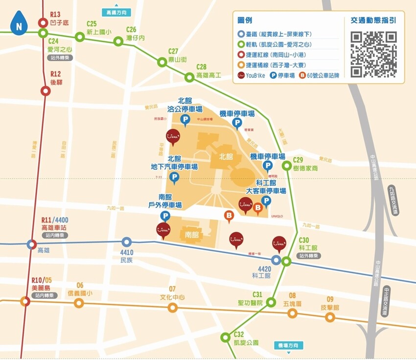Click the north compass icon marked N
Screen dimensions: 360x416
[19, 22]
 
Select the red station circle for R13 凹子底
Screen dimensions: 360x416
[43, 23]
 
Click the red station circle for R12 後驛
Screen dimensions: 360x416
[46, 91]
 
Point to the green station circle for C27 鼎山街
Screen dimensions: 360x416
[162, 62]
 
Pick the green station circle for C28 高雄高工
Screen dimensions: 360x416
[189, 77]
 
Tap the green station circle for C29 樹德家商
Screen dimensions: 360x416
[286, 166]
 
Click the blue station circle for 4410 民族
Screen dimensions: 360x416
[126, 242]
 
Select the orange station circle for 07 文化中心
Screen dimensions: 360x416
[172, 308]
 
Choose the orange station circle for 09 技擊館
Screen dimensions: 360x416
[330, 317]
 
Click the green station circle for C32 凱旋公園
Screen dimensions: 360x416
[225, 337]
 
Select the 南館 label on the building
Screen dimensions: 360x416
[192, 235]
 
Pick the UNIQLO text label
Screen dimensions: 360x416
[277, 216]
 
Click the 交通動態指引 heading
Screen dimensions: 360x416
[373, 21]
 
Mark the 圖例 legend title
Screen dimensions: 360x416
[244, 21]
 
